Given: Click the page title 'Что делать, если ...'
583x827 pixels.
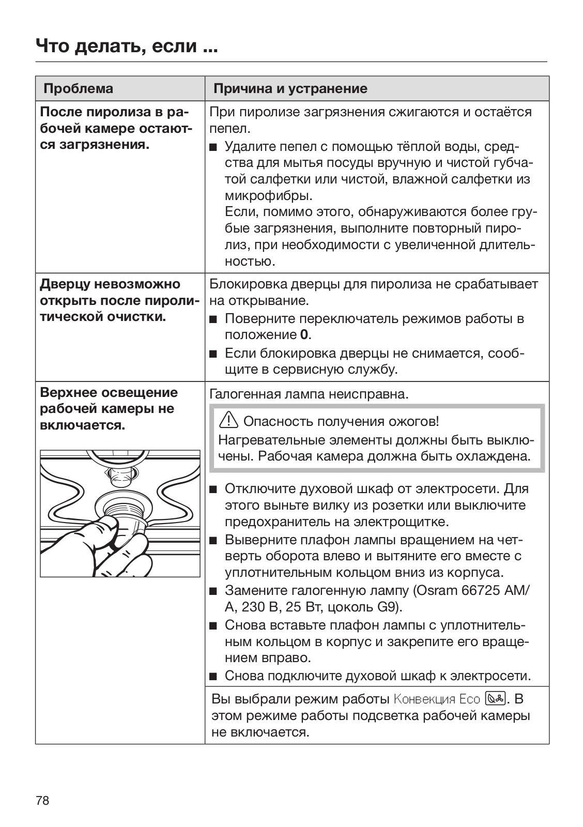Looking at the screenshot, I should (126, 46).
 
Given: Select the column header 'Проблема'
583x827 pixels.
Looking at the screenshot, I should (78, 88).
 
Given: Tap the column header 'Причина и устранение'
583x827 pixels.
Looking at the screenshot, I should (290, 88).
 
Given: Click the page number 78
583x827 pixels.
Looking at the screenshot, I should (42, 801).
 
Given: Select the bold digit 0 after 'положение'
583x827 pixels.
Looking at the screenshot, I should (304, 334).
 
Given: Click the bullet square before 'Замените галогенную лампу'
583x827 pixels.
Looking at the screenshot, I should (213, 591).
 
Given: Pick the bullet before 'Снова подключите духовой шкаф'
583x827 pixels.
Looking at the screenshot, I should (213, 676).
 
